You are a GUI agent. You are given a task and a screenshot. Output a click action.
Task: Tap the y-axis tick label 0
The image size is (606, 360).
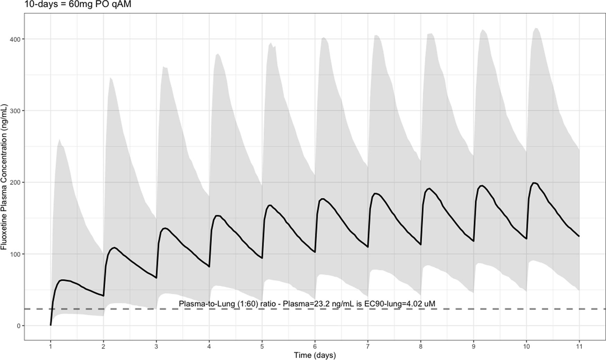click(19, 326)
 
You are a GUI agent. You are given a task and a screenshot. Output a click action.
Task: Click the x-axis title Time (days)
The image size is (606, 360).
click(315, 355)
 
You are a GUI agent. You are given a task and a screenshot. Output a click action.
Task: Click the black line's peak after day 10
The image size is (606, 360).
click(535, 183)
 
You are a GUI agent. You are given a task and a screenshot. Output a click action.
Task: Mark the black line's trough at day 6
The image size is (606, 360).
click(315, 252)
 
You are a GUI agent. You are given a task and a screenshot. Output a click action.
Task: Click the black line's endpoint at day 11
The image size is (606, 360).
click(579, 236)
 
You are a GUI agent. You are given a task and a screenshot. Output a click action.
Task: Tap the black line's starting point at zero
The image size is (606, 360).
click(51, 325)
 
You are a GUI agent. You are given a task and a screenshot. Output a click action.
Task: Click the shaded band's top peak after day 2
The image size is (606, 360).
click(110, 78)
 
